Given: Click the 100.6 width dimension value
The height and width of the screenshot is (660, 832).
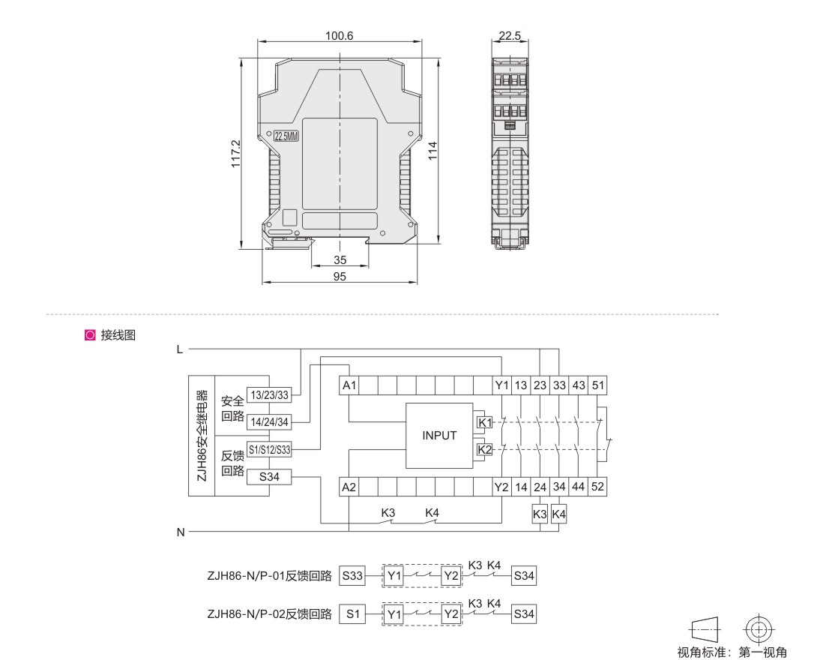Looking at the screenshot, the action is point(339,35).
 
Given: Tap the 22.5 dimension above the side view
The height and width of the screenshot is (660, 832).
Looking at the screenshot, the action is point(510,35).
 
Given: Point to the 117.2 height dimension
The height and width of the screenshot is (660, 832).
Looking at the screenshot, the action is point(235,154).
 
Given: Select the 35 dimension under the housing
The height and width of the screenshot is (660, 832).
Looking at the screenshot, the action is point(340,259).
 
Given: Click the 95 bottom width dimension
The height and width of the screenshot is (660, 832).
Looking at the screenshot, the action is point(340,276).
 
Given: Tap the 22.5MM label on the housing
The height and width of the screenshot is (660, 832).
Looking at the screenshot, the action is point(286,136).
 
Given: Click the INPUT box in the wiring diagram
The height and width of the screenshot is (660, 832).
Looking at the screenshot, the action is point(439,436).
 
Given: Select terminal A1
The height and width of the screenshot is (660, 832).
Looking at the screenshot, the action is point(349,385).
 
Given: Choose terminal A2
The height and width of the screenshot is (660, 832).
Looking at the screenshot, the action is point(349,487).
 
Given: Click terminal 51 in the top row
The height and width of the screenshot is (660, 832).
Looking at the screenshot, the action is point(597,385).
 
